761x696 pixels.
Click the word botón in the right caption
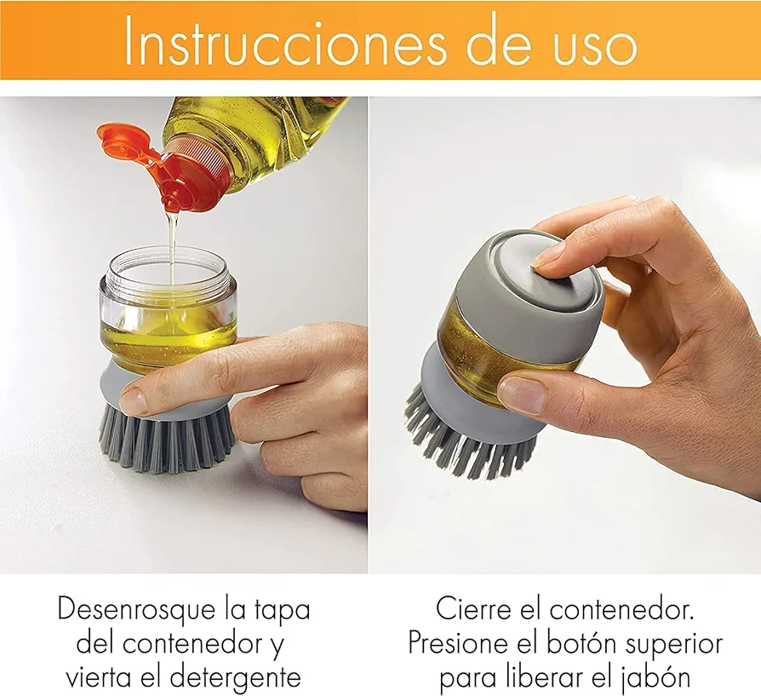pos(581,643)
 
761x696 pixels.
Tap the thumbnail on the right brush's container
pos(521,394)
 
